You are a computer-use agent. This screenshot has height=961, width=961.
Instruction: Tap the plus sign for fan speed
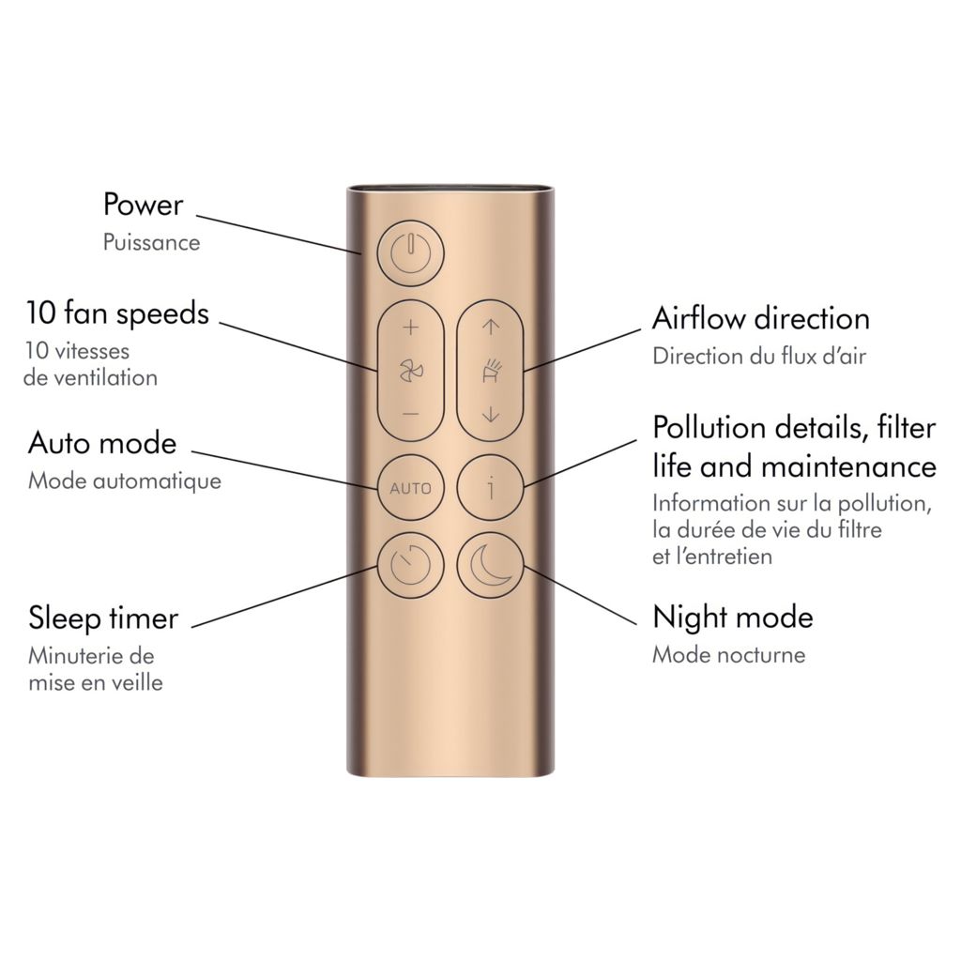click(410, 328)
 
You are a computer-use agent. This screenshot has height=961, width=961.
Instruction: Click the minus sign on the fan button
click(410, 414)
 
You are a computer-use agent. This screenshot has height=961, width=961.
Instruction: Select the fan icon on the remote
click(410, 372)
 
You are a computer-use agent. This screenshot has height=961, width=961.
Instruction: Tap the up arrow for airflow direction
click(489, 328)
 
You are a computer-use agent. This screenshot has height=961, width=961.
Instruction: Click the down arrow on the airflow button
click(489, 414)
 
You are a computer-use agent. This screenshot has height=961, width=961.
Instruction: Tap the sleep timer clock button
click(410, 566)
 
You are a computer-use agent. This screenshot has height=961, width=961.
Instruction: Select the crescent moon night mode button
click(489, 566)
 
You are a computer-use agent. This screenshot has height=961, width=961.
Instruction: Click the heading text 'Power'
click(143, 205)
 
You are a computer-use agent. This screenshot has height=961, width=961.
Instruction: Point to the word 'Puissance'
click(151, 242)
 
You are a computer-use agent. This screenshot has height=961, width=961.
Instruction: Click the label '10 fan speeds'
click(117, 313)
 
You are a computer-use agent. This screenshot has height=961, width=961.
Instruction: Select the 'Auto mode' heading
click(102, 442)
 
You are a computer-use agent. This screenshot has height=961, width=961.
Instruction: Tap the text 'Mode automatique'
click(125, 481)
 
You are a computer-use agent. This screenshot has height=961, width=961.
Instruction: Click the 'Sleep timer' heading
click(103, 618)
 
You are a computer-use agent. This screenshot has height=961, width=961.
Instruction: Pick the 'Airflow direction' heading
click(761, 318)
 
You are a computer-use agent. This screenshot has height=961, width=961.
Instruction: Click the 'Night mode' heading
click(733, 618)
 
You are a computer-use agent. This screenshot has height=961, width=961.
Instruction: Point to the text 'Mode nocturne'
click(729, 654)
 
